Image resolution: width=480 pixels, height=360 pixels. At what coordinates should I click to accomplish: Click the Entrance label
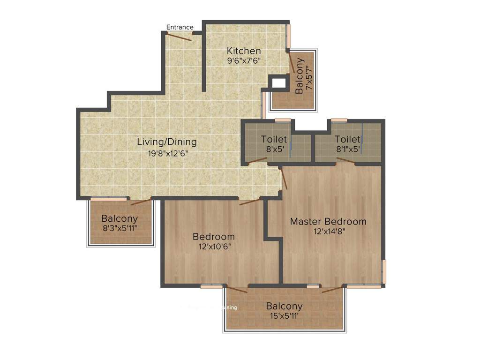point(180,27)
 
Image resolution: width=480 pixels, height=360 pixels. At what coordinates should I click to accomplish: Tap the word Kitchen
point(244,51)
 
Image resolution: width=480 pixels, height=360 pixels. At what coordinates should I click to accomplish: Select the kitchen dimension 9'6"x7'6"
point(244,60)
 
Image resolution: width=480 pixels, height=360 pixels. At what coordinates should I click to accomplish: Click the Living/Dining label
point(166,142)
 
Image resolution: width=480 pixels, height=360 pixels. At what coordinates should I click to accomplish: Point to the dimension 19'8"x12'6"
point(166,153)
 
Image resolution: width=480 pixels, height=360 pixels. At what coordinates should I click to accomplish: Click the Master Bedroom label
point(328,221)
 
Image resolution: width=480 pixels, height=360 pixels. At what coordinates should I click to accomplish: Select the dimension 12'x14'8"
point(328,231)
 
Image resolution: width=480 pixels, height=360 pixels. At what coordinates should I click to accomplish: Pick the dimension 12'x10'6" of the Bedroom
point(213,247)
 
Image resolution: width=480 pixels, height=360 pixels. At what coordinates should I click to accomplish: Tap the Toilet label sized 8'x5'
point(274,139)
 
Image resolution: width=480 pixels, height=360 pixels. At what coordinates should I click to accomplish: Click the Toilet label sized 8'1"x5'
point(347,139)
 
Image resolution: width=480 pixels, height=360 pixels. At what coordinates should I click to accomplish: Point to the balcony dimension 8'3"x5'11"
point(120,229)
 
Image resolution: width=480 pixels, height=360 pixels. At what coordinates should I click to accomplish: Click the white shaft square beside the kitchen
point(279,83)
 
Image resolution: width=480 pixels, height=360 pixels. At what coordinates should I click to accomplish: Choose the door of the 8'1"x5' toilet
point(345,160)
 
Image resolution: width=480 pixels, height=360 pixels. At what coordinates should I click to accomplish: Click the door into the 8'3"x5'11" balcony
point(141,202)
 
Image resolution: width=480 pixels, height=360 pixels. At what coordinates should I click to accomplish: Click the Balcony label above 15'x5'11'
point(284,306)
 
